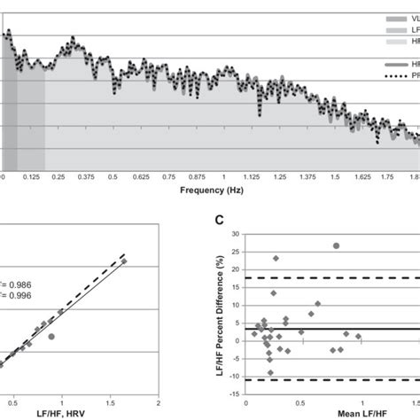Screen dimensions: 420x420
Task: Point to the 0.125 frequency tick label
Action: coord(31,177)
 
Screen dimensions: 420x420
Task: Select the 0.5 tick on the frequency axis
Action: coord(113,177)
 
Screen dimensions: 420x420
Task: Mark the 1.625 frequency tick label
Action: coord(362,177)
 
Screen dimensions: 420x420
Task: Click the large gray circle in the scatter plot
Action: coord(51,337)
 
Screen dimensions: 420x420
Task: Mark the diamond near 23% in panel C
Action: coord(276,259)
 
